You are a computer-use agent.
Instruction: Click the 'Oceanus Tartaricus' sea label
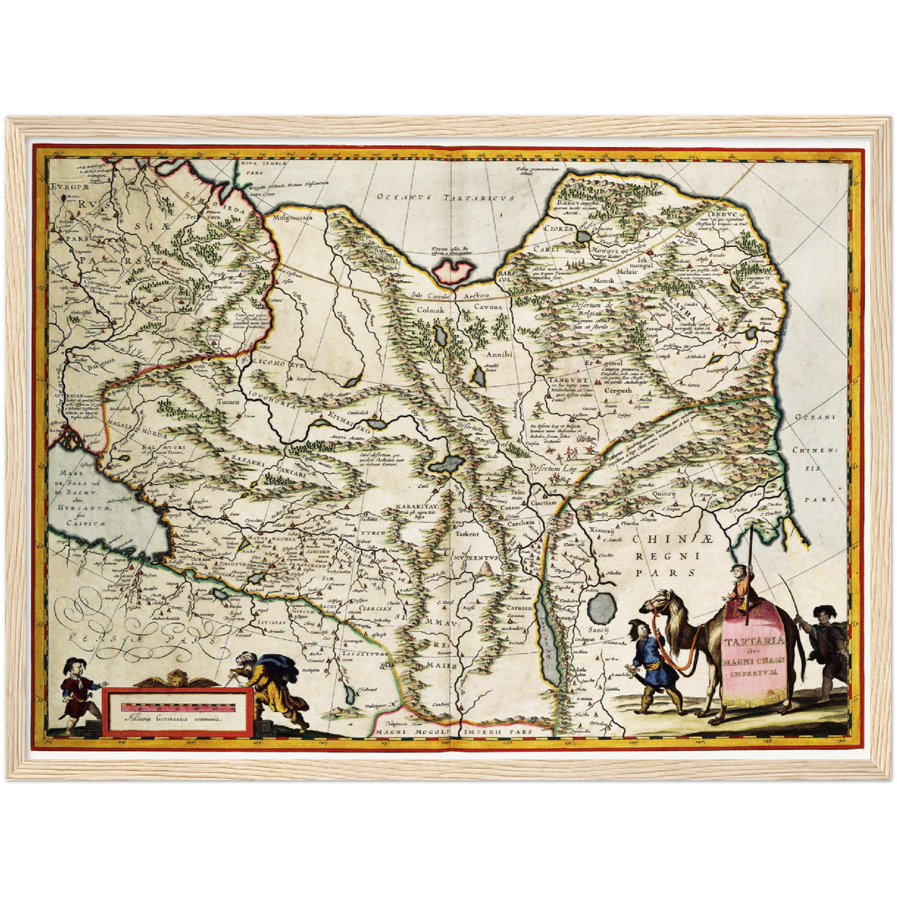[x=446, y=197]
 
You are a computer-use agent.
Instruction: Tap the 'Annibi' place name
[x=498, y=354]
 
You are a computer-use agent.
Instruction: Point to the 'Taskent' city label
[x=467, y=533]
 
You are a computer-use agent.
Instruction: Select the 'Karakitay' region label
[x=418, y=507]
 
